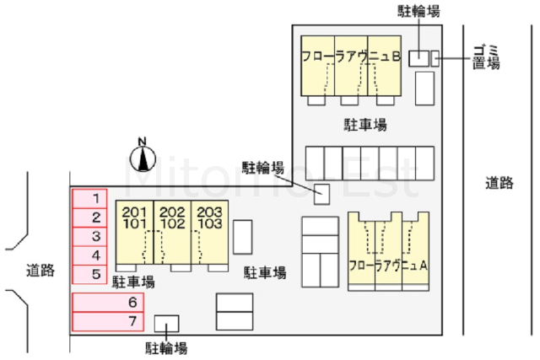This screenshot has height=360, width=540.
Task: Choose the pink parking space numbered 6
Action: (x=107, y=302)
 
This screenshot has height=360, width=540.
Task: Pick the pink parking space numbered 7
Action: (x=107, y=321)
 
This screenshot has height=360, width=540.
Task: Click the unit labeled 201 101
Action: (x=136, y=218)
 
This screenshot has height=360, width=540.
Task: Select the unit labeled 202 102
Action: (x=172, y=218)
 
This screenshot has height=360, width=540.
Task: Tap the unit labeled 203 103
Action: (x=209, y=218)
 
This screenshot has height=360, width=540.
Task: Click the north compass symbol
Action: (x=143, y=156)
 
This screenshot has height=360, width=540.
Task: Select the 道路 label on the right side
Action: (x=499, y=182)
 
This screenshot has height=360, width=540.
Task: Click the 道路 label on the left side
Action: (x=40, y=271)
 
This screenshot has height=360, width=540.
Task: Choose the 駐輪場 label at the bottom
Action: (x=165, y=347)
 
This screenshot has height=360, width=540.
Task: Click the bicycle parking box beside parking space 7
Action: (x=166, y=323)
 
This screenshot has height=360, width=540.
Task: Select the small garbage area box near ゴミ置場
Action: (x=435, y=58)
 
